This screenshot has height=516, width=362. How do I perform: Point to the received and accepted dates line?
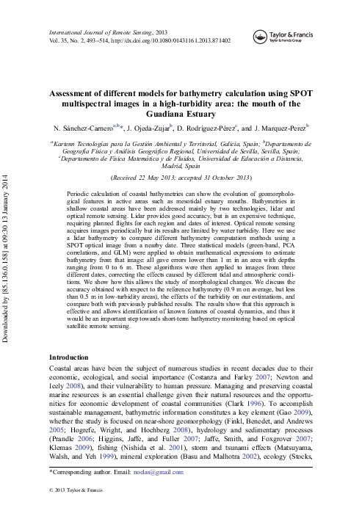[180, 178]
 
